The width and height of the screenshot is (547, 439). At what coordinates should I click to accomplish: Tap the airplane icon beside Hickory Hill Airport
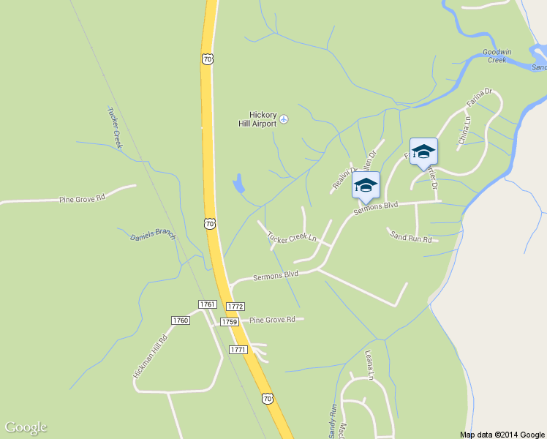click(x=284, y=119)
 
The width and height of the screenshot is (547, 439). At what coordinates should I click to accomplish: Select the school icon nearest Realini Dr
click(x=366, y=186)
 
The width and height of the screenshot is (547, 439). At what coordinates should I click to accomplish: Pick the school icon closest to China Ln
click(x=423, y=152)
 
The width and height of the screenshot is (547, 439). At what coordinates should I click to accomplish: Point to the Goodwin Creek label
click(x=494, y=56)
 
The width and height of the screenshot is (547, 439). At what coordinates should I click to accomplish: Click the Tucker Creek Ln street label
click(x=291, y=238)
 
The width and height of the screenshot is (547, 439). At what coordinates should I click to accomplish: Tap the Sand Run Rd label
click(x=411, y=237)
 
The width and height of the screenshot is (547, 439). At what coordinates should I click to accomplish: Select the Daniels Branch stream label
click(x=153, y=235)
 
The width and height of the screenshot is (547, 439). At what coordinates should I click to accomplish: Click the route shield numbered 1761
click(x=208, y=304)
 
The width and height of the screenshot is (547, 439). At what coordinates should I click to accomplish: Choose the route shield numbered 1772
click(x=235, y=306)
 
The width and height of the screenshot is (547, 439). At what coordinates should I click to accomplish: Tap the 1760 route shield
click(x=181, y=320)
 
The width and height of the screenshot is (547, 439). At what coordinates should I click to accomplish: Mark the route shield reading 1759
click(x=230, y=321)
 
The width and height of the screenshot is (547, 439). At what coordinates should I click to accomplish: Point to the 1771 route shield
click(x=238, y=350)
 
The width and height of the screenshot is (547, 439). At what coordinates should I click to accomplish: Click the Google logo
click(x=26, y=427)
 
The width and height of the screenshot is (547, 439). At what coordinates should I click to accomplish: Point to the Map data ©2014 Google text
click(x=502, y=434)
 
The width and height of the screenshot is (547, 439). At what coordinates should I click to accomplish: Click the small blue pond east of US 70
click(x=238, y=184)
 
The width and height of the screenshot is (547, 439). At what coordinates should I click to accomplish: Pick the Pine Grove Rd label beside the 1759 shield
click(x=272, y=320)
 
